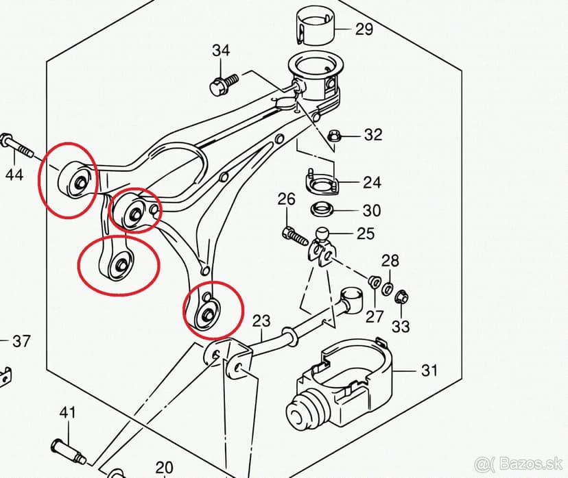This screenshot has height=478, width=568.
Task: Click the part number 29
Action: (364, 29)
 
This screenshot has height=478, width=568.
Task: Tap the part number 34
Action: (221, 51)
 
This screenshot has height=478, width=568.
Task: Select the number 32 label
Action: (372, 134)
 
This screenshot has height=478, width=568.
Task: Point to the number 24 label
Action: (372, 183)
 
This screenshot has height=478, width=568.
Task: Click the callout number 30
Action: (371, 210)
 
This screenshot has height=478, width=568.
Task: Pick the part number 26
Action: (286, 199)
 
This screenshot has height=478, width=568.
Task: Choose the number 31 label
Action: (429, 370)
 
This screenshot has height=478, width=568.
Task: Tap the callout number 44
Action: (14, 175)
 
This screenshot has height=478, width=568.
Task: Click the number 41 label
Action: (67, 413)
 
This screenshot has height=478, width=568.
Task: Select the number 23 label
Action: (261, 320)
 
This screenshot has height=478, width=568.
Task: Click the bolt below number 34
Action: (224, 83)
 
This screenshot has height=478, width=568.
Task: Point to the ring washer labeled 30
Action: (322, 208)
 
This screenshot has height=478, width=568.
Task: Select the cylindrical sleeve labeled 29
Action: (315, 25)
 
